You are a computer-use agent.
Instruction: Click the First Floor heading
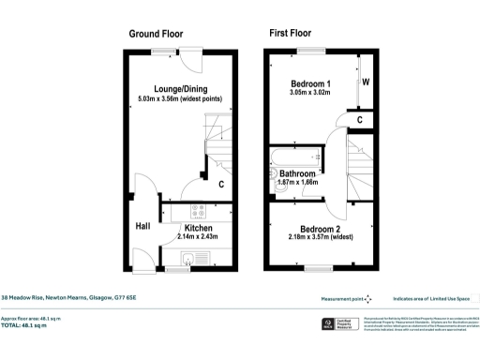point(290,34)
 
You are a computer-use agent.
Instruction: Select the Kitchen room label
point(198,228)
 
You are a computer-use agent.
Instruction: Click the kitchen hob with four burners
point(198,212)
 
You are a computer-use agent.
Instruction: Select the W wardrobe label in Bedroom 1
point(366,81)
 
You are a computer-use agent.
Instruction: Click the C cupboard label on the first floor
point(360,120)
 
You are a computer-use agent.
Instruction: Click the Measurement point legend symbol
point(367,298)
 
